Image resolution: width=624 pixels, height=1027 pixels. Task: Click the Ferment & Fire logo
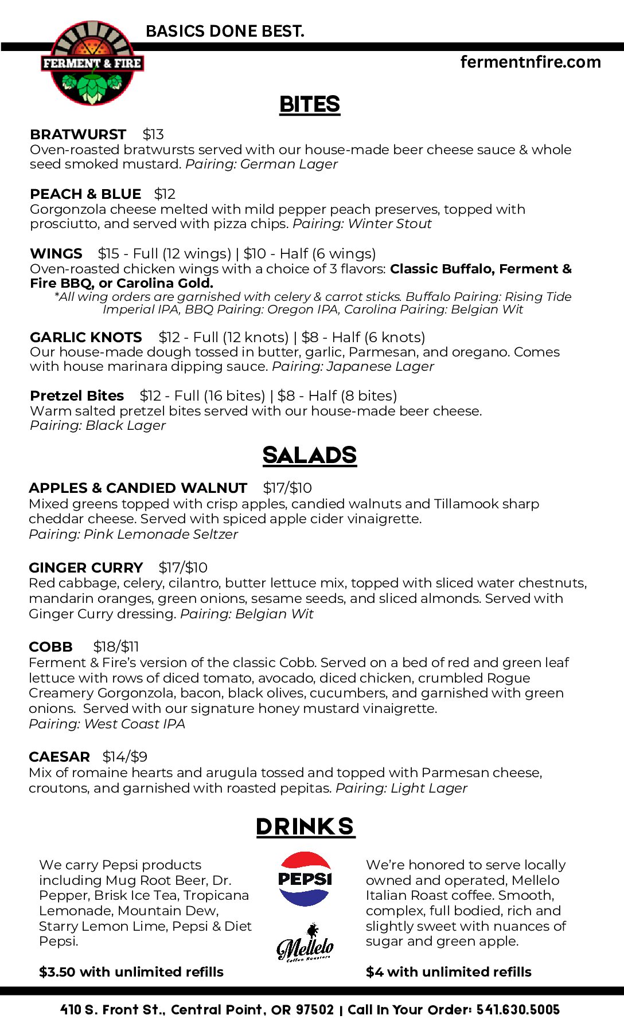click(92, 64)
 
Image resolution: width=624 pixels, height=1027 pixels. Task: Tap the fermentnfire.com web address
click(531, 62)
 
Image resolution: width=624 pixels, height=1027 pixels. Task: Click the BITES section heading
click(310, 104)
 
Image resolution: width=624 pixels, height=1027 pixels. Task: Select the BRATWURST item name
click(78, 134)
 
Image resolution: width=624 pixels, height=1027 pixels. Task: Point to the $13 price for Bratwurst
click(153, 134)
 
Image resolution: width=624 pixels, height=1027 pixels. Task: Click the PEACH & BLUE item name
click(85, 194)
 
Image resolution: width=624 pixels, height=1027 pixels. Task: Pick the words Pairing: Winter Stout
click(362, 224)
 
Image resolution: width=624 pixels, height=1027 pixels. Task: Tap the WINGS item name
click(56, 253)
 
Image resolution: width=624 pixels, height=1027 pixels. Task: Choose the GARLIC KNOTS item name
click(86, 337)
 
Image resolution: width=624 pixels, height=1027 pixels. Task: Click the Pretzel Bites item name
click(77, 395)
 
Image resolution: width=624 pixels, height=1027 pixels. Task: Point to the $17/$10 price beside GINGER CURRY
click(183, 567)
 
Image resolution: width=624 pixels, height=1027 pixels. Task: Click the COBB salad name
click(50, 646)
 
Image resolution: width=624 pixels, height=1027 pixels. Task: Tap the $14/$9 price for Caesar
click(125, 756)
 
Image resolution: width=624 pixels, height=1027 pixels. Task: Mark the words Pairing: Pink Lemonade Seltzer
click(133, 534)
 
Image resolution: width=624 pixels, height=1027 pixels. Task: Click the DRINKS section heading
click(305, 826)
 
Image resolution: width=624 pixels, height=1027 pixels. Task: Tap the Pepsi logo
click(305, 879)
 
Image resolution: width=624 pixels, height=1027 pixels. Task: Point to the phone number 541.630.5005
click(518, 1009)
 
